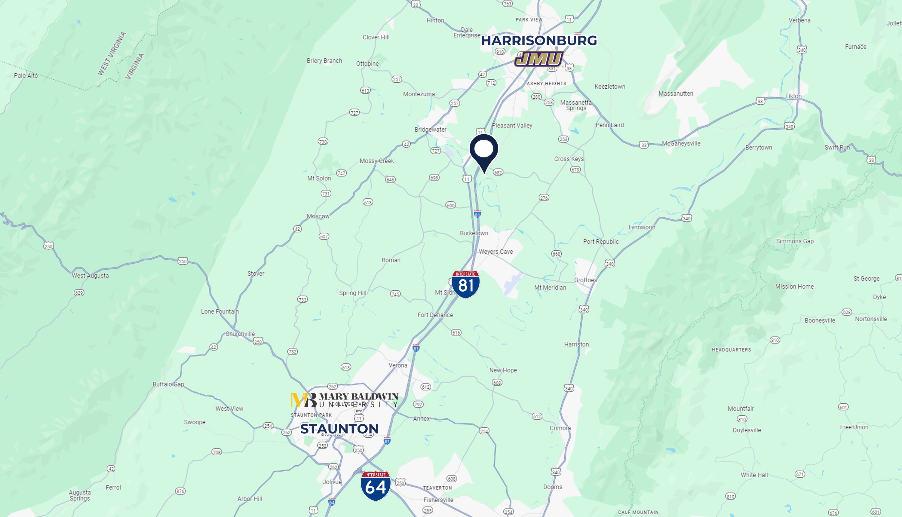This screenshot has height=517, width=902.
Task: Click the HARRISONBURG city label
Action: coord(539,41)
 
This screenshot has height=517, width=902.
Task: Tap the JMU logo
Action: coord(539,59)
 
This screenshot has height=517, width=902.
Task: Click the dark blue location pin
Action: coord(484,151)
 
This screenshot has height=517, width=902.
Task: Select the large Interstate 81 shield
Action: coord(465,284)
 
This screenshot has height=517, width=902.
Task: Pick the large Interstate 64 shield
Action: coord(375,486)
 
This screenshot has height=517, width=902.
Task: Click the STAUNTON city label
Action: coord(339,429)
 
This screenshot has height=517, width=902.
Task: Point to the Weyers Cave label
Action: coord(496,252)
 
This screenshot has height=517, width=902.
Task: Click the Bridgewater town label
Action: coord(430,130)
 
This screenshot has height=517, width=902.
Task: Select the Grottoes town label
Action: coord(586,280)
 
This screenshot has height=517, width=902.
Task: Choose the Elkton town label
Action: coord(793,96)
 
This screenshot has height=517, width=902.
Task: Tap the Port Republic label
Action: coord(600,242)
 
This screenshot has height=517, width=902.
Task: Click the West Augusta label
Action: coord(90,276)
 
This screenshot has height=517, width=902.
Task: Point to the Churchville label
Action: coord(240,334)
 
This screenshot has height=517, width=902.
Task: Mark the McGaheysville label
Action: coord(681,144)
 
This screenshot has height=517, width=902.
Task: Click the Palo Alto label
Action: coord(26,76)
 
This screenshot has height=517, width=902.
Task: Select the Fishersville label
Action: coord(438,500)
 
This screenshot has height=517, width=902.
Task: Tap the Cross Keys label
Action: coord(569,159)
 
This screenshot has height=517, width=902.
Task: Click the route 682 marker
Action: coord(498,173)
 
